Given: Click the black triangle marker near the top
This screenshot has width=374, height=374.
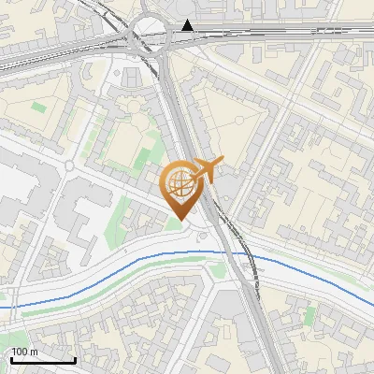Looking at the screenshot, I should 190,25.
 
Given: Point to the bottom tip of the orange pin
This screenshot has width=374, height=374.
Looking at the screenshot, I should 180,219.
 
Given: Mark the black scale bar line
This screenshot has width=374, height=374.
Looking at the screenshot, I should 43,360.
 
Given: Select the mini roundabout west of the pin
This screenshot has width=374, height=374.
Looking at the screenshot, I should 69,165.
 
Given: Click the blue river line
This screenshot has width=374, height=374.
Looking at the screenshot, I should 112,280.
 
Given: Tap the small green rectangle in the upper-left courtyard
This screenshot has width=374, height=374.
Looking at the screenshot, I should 38,107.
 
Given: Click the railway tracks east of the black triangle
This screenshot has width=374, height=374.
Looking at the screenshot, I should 280,34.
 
